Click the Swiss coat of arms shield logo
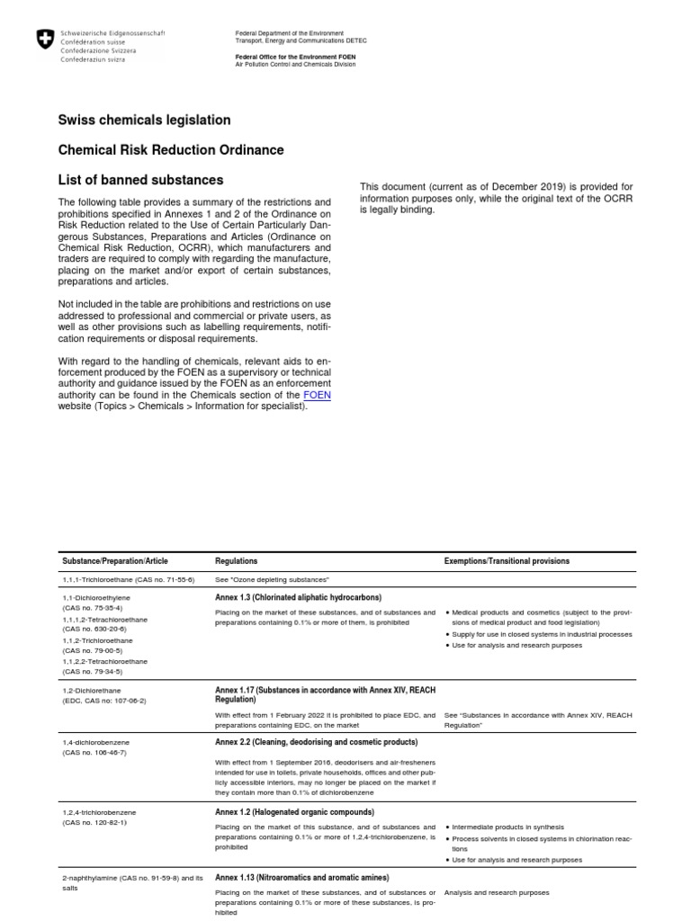[x=43, y=40]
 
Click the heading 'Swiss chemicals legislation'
[x=144, y=120]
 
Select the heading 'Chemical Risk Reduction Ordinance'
[x=171, y=149]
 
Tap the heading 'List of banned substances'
[x=140, y=180]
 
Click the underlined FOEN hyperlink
[x=319, y=395]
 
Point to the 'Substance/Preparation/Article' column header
[x=114, y=561]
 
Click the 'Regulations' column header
[x=237, y=561]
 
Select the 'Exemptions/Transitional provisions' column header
[x=507, y=561]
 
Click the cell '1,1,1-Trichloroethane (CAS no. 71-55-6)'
[x=128, y=579]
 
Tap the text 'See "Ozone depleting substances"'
[x=272, y=579]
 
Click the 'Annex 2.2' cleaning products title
[x=316, y=742]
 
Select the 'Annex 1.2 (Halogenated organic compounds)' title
[x=293, y=812]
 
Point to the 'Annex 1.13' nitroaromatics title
[x=302, y=877]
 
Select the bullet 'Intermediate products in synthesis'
[x=507, y=827]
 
